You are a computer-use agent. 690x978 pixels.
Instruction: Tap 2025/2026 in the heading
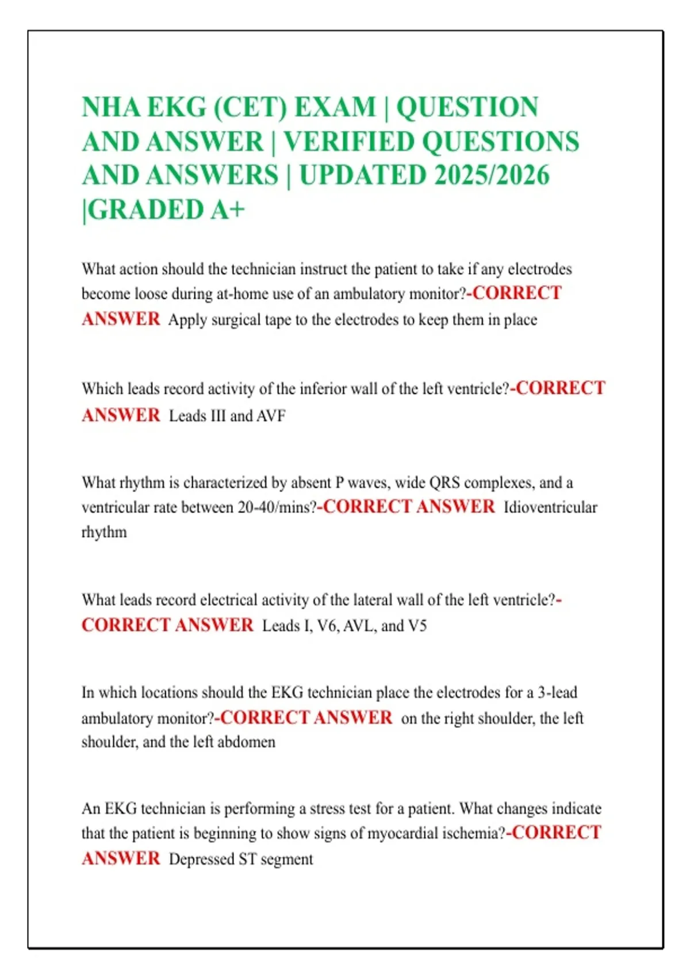coord(492,175)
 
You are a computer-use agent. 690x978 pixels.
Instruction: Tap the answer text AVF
coord(271,416)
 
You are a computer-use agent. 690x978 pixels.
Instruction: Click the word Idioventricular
coord(550,507)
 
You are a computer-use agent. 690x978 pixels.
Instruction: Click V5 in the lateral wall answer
coord(417,626)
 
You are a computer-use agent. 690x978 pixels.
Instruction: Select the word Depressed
coord(199,859)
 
